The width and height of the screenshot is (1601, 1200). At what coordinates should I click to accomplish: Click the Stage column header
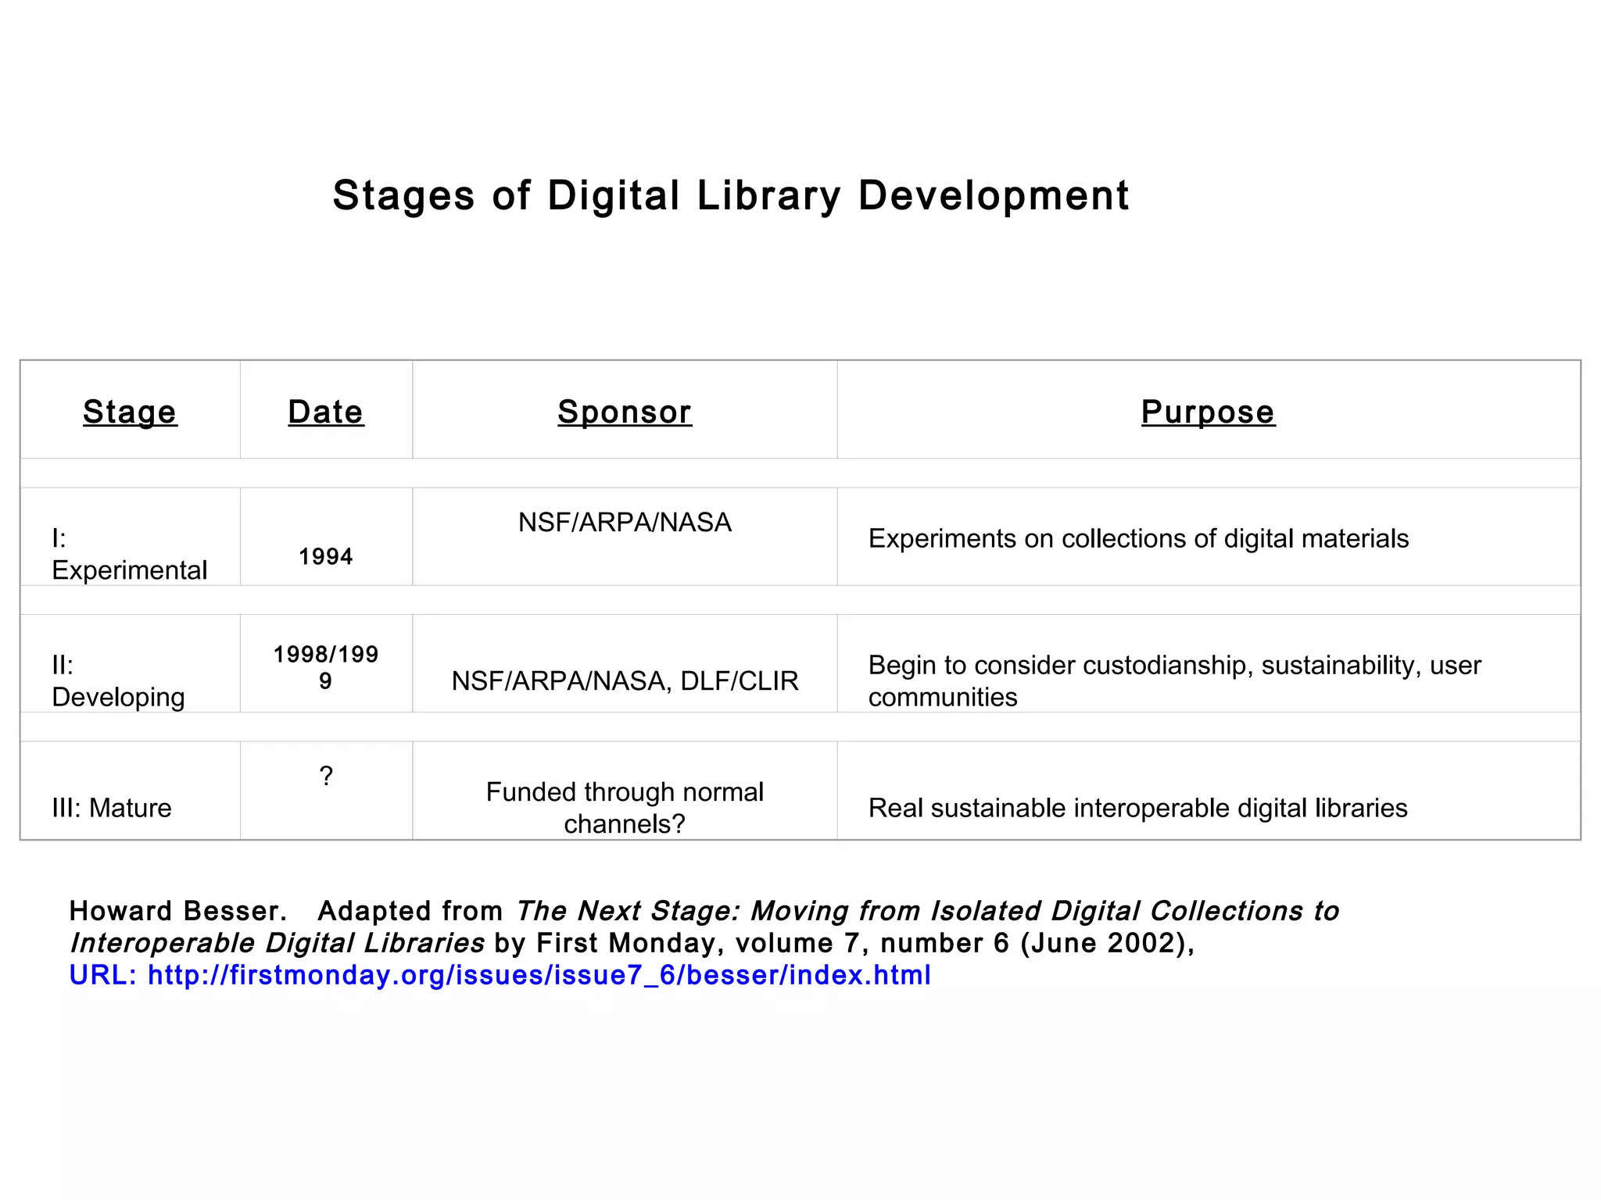pyautogui.click(x=130, y=412)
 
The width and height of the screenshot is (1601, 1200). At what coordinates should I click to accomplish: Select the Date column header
pyautogui.click(x=326, y=412)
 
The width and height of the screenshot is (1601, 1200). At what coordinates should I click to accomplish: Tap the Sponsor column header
pyautogui.click(x=625, y=412)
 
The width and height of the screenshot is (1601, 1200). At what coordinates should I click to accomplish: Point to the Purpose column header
pyautogui.click(x=1208, y=412)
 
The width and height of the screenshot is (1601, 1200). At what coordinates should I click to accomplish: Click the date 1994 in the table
pyautogui.click(x=326, y=557)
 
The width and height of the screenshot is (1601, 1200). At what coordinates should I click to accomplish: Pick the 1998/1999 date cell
pyautogui.click(x=326, y=666)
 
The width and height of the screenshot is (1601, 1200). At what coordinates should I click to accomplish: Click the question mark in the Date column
pyautogui.click(x=326, y=776)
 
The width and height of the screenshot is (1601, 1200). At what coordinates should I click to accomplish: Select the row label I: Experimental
pyautogui.click(x=129, y=554)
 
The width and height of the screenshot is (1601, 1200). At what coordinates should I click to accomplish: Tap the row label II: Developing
pyautogui.click(x=118, y=680)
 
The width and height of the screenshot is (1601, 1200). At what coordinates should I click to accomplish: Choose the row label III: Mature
pyautogui.click(x=112, y=808)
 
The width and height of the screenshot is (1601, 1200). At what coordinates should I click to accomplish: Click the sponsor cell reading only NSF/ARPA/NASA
pyautogui.click(x=625, y=522)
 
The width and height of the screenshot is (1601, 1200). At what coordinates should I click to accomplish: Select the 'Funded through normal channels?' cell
pyautogui.click(x=625, y=807)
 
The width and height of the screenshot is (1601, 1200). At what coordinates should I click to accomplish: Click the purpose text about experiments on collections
pyautogui.click(x=1138, y=538)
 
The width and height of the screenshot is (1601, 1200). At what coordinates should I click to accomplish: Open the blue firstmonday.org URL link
pyautogui.click(x=539, y=975)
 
